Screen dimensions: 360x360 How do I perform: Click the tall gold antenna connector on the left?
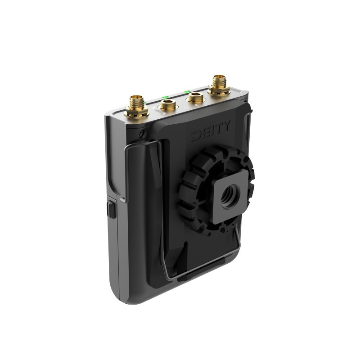136,104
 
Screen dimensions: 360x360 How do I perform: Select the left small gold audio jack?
168,105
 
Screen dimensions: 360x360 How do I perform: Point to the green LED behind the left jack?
165,97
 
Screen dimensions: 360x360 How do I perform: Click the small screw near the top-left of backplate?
141,133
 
